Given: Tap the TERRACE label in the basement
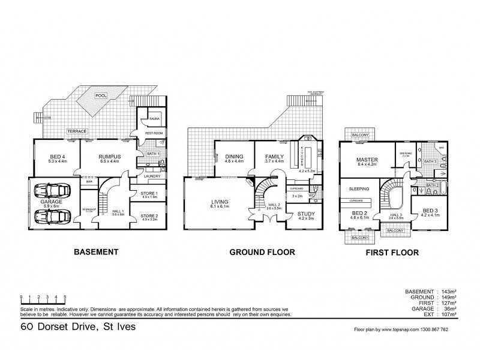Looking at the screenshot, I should pos(77,131).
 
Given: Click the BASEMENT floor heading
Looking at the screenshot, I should pos(96,253).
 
